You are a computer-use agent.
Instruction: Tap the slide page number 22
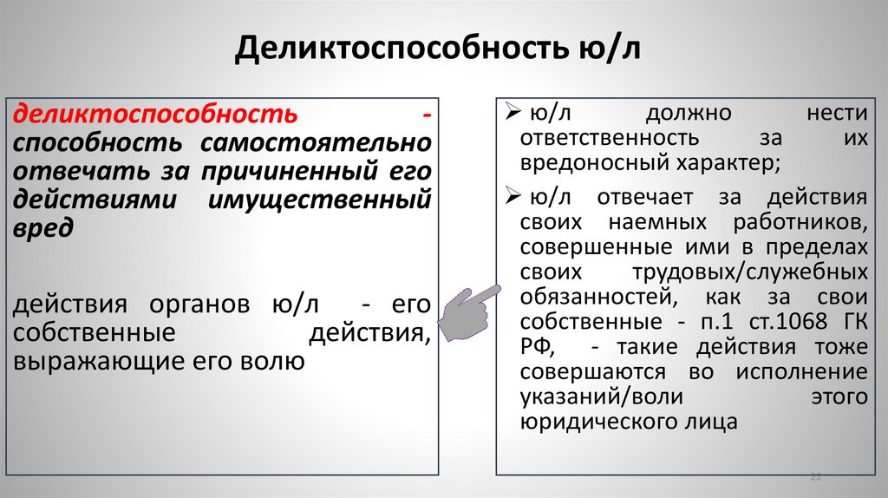coord(814,477)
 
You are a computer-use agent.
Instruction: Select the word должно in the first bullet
coord(689,115)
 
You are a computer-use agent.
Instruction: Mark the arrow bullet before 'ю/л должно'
coord(511,115)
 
